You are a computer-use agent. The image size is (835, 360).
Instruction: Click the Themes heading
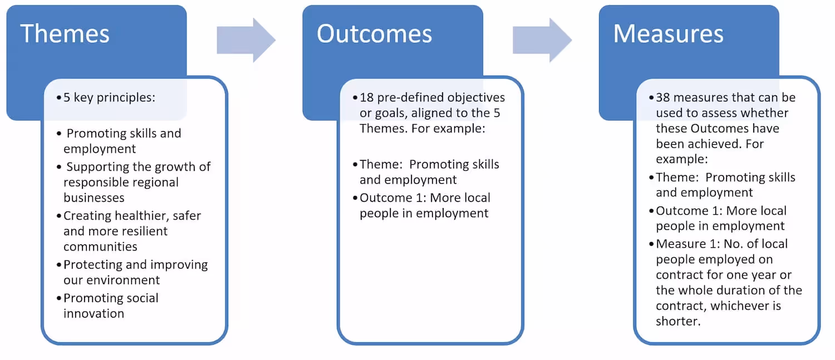(65, 33)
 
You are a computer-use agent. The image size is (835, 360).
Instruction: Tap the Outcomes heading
(374, 33)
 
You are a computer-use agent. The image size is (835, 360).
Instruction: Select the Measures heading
(668, 33)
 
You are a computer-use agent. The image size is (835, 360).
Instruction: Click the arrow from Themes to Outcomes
(246, 40)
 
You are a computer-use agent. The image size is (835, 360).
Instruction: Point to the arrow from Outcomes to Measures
(542, 40)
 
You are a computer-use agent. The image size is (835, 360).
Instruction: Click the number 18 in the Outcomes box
(367, 97)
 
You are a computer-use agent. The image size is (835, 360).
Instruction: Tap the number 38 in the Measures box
(664, 97)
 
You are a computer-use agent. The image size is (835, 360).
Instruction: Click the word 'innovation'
(94, 313)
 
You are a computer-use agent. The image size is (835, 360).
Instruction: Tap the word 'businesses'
(94, 198)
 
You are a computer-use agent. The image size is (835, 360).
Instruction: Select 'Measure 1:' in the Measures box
(686, 244)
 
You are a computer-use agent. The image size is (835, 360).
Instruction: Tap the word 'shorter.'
(677, 322)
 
